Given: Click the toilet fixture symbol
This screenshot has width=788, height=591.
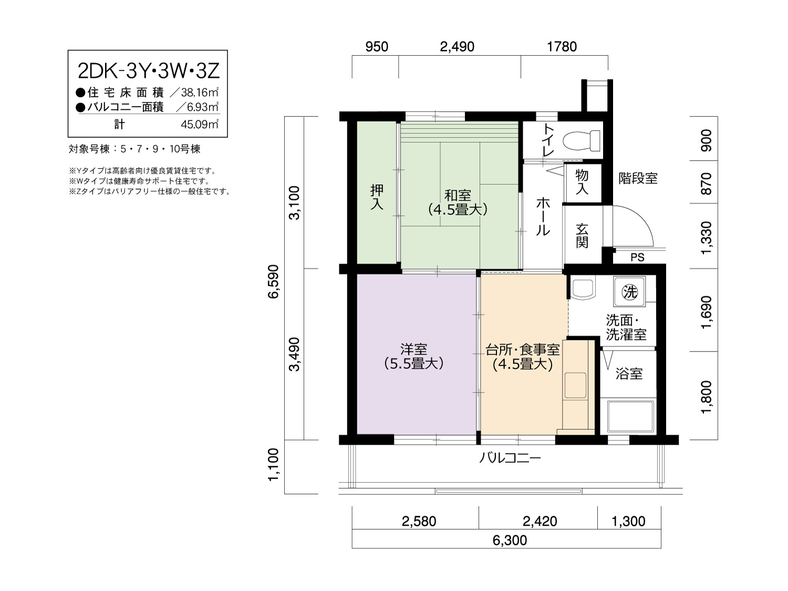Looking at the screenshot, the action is pyautogui.click(x=581, y=140).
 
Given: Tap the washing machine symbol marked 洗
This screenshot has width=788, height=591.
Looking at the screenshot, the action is pyautogui.click(x=629, y=291).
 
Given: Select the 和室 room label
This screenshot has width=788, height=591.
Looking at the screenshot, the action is pyautogui.click(x=458, y=195).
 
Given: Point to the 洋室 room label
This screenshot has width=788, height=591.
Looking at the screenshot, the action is pyautogui.click(x=413, y=349).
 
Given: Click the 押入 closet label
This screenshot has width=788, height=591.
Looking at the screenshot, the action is pyautogui.click(x=377, y=197).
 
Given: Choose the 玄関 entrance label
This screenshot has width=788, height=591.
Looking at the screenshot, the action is pyautogui.click(x=582, y=236).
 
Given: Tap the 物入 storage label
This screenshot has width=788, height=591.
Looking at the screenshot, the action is pyautogui.click(x=582, y=182).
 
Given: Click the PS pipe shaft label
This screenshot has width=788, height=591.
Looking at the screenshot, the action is pyautogui.click(x=637, y=257).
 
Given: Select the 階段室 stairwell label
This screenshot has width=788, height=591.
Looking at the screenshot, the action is pyautogui.click(x=638, y=178).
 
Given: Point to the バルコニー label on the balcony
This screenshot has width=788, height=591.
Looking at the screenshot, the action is pyautogui.click(x=510, y=458).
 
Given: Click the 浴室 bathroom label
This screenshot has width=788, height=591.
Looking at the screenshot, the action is pyautogui.click(x=629, y=374).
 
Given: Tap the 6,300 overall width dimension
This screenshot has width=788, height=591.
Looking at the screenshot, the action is pyautogui.click(x=510, y=540).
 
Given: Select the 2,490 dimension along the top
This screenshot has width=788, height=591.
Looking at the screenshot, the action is pyautogui.click(x=458, y=47).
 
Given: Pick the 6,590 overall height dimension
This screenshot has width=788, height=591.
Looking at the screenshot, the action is pyautogui.click(x=273, y=282).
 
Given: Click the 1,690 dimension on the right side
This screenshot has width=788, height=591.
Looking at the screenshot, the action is pyautogui.click(x=706, y=312).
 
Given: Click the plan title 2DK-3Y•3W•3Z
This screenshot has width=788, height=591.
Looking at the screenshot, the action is pyautogui.click(x=148, y=71).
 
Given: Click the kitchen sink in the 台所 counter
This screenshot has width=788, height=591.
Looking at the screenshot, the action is pyautogui.click(x=575, y=386).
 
